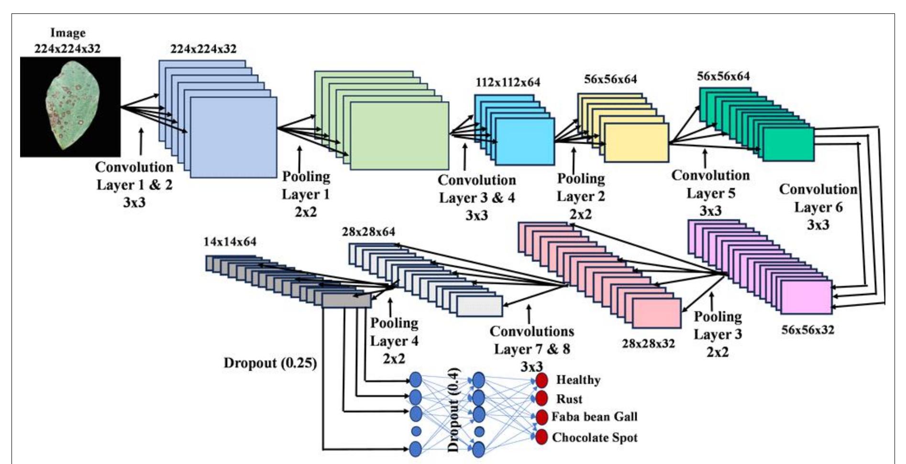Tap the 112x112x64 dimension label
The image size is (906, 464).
point(508,82)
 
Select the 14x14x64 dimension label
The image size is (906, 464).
point(230,242)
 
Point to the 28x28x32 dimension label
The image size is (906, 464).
point(648,343)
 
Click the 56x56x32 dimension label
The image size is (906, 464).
point(807,329)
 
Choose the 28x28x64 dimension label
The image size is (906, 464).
point(368,232)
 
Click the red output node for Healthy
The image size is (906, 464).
point(541,381)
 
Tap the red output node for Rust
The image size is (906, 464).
point(541,398)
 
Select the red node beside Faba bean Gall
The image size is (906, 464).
point(541,417)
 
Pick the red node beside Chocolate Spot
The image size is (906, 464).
point(541,437)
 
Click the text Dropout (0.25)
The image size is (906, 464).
point(270,363)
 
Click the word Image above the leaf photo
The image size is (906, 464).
point(68,33)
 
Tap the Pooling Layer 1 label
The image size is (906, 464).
point(306,194)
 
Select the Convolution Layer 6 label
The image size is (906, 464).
point(818,207)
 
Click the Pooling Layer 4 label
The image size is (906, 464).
point(394,340)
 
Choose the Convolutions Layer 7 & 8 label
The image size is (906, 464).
point(532,349)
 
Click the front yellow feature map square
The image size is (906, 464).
point(636,143)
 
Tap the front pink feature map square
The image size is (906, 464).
point(656,313)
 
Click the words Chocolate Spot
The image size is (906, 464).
point(595,437)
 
